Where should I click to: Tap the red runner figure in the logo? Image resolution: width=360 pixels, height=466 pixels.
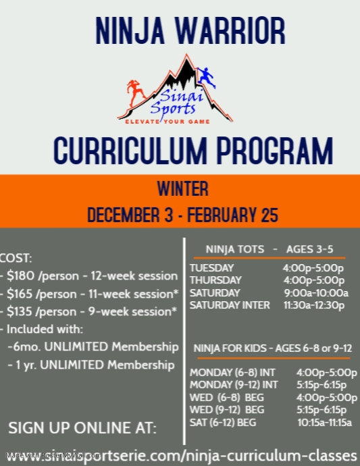click(x=135, y=95)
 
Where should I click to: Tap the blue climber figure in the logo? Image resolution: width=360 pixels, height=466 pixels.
click(x=207, y=76)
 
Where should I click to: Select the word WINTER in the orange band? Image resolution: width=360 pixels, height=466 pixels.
click(x=182, y=188)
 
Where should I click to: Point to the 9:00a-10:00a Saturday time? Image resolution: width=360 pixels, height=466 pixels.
click(x=315, y=292)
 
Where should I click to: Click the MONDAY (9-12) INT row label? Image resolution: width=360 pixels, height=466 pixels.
click(x=234, y=384)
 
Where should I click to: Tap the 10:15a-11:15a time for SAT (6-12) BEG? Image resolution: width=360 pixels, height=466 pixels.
click(x=324, y=423)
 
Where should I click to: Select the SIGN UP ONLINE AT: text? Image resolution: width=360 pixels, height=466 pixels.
click(x=82, y=428)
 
